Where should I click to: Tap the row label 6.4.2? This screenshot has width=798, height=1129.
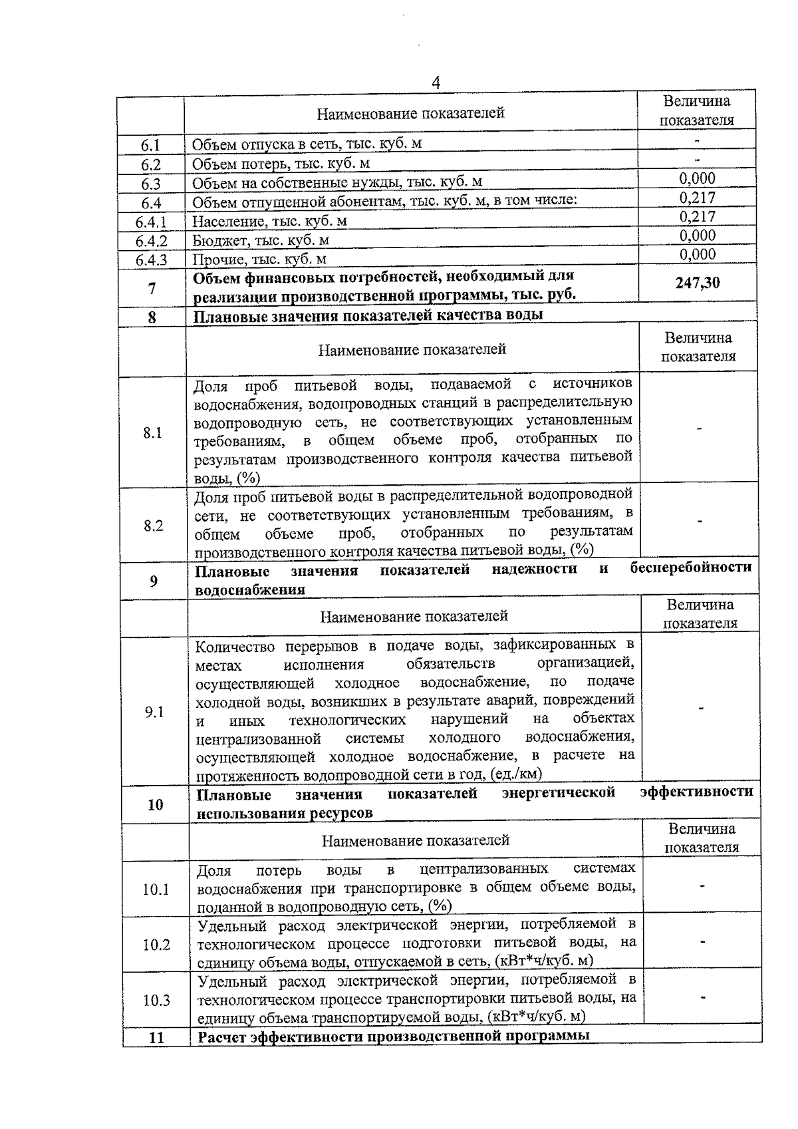pos(151,241)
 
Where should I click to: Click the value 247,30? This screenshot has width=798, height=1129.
pos(698,283)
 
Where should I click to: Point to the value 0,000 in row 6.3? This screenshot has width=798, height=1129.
pos(698,178)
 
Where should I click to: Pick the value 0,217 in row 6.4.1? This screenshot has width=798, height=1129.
pos(698,216)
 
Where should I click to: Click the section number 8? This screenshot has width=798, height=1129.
pos(152,317)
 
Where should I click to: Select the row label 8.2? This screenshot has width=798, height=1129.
pos(153,526)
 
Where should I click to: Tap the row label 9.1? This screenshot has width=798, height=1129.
pos(154,712)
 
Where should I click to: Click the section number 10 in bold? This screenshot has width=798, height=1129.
pos(155,805)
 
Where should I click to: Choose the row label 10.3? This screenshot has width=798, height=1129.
pos(156,1001)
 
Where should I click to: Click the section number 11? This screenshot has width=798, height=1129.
pos(156,1037)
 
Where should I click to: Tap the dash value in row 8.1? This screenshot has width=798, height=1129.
pos(699,429)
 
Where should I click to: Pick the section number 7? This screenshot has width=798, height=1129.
pos(152,289)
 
